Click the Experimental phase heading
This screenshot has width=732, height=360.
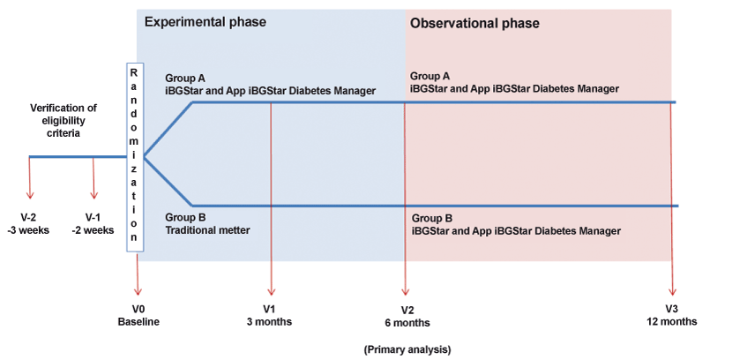[205, 22]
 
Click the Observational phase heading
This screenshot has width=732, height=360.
[474, 23]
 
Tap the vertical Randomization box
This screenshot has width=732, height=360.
[135, 157]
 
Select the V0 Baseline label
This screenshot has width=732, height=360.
[138, 316]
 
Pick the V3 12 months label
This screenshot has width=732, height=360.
[672, 316]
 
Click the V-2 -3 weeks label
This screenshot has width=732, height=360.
[28, 224]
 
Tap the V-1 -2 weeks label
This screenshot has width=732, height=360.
[93, 224]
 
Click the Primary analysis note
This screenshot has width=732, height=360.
[407, 349]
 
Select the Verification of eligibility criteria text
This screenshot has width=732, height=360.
[63, 121]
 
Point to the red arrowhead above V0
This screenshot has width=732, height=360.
[138, 290]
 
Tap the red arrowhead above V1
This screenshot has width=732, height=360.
[271, 290]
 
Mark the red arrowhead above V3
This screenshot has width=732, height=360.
[672, 290]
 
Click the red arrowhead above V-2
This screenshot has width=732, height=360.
[29, 194]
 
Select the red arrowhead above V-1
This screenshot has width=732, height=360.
[93, 194]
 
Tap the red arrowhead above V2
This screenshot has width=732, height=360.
[405, 290]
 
